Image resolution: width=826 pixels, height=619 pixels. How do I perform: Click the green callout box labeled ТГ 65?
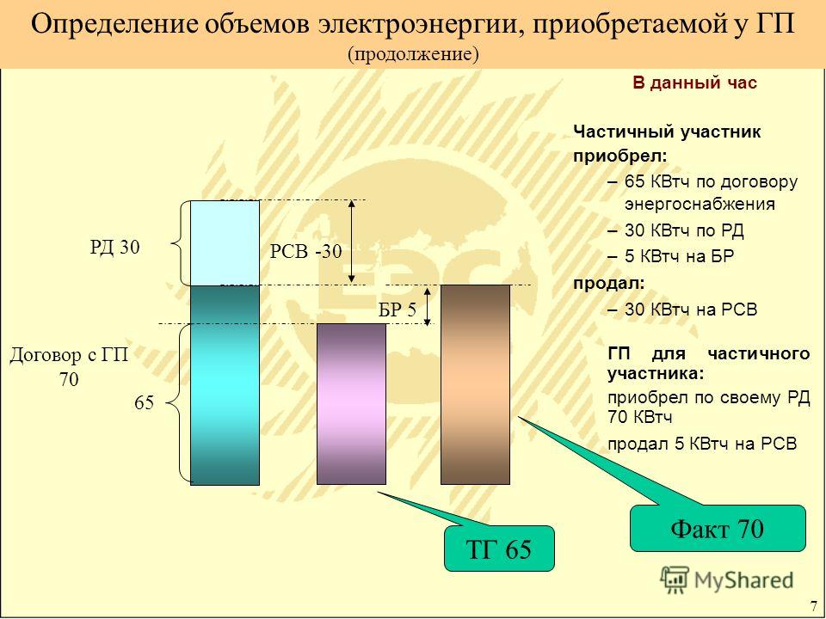pyautogui.click(x=499, y=549)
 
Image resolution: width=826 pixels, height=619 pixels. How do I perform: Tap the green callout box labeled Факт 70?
pyautogui.click(x=718, y=529)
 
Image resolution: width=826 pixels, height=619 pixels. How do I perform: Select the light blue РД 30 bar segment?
pyautogui.click(x=225, y=242)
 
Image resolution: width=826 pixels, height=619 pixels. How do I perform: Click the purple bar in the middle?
pyautogui.click(x=351, y=404)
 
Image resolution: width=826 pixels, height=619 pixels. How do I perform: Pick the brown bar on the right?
pyautogui.click(x=475, y=385)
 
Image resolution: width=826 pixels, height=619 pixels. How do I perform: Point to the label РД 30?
pyautogui.click(x=114, y=247)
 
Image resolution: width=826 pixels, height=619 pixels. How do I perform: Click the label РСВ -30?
pyautogui.click(x=306, y=252)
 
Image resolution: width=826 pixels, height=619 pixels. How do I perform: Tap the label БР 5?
pyautogui.click(x=398, y=309)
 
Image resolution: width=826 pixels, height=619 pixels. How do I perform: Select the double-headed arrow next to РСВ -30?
pyautogui.click(x=352, y=242)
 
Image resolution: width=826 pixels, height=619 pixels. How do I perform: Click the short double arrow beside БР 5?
pyautogui.click(x=428, y=306)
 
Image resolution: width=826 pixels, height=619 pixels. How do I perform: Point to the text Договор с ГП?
pyautogui.click(x=69, y=355)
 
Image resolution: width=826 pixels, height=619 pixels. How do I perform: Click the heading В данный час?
pyautogui.click(x=695, y=83)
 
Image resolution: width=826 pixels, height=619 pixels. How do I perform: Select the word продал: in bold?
pyautogui.click(x=609, y=283)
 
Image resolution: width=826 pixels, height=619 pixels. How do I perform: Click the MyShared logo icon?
pyautogui.click(x=675, y=580)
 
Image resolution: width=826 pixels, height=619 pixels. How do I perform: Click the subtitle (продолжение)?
pyautogui.click(x=413, y=54)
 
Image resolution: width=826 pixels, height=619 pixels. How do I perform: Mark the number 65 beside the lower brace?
pyautogui.click(x=144, y=403)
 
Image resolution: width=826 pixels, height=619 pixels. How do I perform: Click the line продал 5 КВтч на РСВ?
pyautogui.click(x=702, y=444)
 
